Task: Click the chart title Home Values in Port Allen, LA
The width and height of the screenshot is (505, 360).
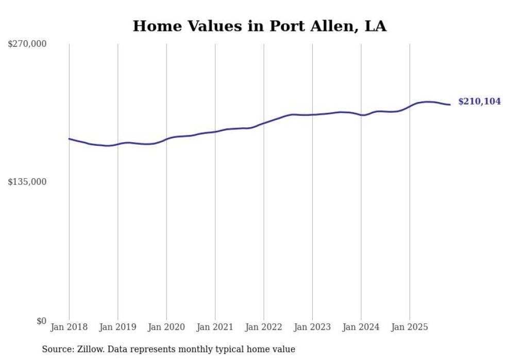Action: tap(259, 26)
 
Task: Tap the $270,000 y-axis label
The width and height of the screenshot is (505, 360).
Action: tap(27, 44)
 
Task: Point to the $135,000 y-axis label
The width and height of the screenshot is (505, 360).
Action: tap(27, 182)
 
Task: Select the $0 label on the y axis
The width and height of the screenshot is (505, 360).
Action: tap(41, 321)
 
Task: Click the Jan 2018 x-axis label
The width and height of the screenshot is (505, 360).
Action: tap(69, 327)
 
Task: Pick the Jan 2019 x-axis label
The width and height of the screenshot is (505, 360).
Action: tap(118, 327)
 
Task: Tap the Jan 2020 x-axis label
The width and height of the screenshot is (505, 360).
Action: tap(166, 327)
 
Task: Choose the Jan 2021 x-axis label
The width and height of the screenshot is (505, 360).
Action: tap(215, 327)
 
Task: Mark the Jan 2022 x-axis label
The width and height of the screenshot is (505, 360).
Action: tap(264, 327)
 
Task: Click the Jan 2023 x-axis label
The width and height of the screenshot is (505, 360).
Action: tap(312, 327)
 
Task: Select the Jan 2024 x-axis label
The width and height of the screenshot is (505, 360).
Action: tap(361, 327)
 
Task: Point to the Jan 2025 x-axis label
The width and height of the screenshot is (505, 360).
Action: tap(410, 327)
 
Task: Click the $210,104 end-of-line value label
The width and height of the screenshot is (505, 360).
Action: tap(479, 101)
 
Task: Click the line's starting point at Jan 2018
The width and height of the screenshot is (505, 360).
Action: tap(69, 139)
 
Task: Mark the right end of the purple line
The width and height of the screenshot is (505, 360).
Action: tap(450, 105)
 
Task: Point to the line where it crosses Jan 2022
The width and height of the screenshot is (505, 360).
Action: tap(264, 123)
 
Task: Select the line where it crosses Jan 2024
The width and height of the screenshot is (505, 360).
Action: tap(361, 115)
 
